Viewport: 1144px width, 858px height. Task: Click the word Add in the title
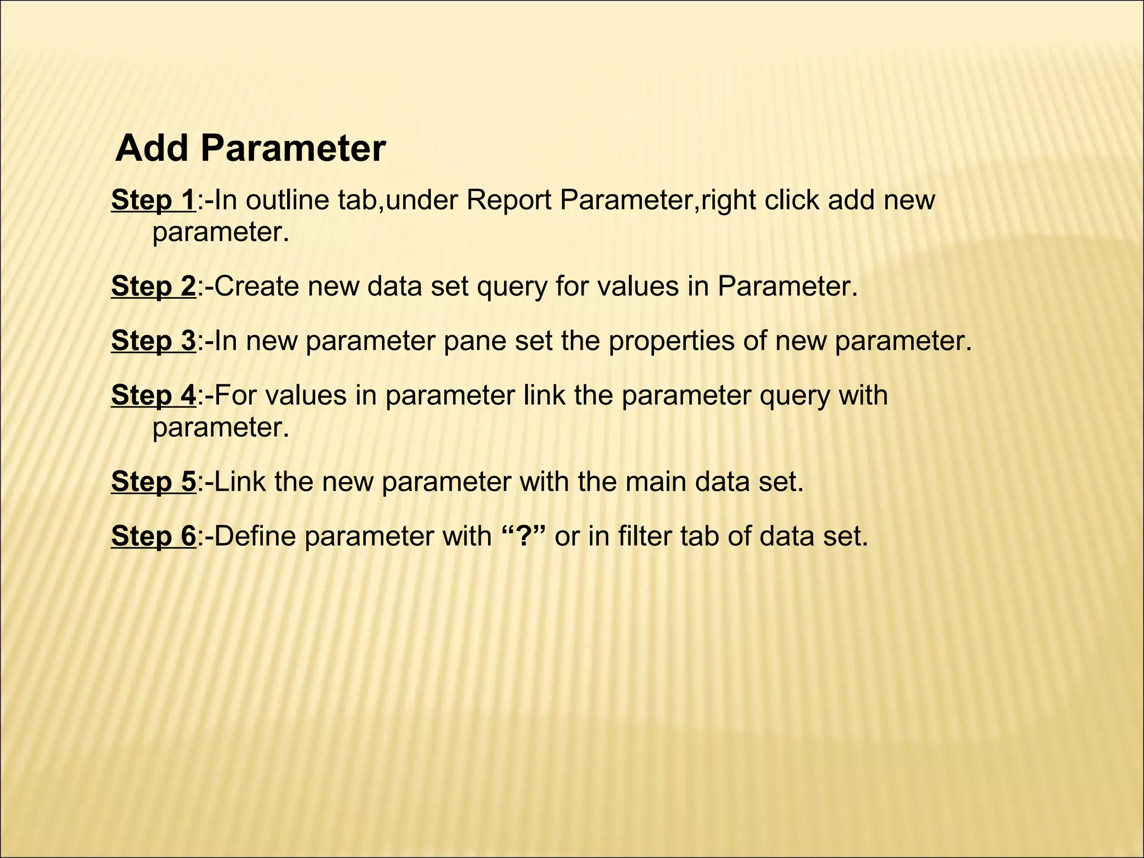click(151, 149)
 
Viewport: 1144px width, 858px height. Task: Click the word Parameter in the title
click(293, 149)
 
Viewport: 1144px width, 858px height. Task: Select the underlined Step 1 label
click(154, 201)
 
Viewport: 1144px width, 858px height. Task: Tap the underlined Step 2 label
click(154, 287)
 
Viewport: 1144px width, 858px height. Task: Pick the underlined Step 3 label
click(154, 341)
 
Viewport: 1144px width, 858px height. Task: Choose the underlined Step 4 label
click(154, 395)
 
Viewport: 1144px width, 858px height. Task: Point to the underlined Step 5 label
click(154, 482)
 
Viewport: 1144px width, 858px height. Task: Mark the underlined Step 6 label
click(154, 536)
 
